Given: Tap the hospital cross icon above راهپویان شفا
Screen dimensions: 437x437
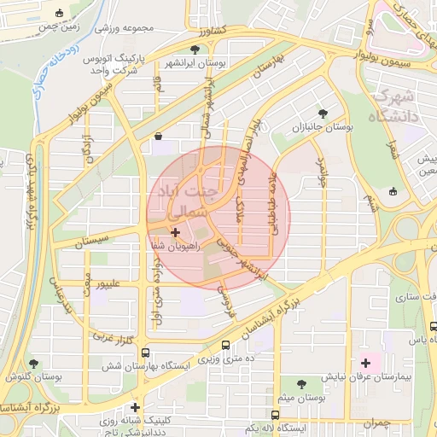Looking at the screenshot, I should [x=176, y=232].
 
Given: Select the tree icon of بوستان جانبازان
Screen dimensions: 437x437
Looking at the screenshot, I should [x=323, y=113].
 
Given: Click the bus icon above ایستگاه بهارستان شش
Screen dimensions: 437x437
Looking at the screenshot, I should [x=145, y=352].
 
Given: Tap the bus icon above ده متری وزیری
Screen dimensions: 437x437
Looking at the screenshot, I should [x=225, y=346].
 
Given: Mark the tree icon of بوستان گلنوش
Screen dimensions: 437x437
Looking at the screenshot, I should [x=33, y=364].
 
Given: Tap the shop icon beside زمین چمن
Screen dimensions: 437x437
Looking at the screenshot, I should [x=59, y=14].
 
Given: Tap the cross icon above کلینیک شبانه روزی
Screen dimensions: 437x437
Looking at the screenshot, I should [x=135, y=407].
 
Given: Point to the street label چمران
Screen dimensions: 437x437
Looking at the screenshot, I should [x=375, y=423].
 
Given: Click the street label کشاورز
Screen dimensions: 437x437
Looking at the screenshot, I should [x=207, y=30].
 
